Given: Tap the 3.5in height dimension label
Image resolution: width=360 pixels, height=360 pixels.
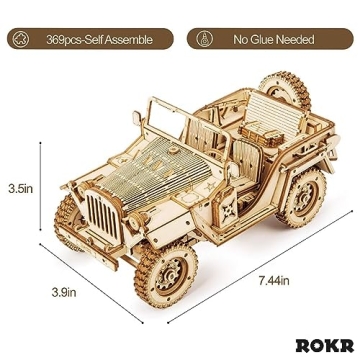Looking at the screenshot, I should (x=21, y=187).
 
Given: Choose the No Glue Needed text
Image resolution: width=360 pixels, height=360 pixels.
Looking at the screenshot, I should (x=273, y=40).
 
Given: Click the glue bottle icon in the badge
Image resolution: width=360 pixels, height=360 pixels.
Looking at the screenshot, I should (x=205, y=40).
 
